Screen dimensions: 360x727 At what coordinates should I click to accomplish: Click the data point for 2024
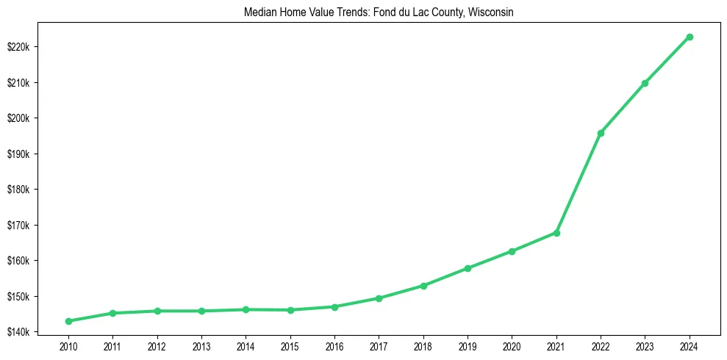click(x=690, y=37)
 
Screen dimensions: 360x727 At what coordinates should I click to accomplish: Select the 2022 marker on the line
click(x=601, y=133)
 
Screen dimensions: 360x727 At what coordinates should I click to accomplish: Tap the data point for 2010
click(x=68, y=321)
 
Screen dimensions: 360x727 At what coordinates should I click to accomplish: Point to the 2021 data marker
click(x=556, y=233)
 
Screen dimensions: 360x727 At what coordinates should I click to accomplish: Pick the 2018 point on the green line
click(x=423, y=286)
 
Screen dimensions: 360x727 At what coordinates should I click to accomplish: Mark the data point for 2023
click(x=645, y=83)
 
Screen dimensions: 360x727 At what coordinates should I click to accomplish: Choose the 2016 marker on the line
click(x=334, y=307)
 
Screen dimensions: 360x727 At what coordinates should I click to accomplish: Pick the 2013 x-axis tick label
click(x=201, y=345)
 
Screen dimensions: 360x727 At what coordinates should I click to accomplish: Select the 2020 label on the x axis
click(x=512, y=345)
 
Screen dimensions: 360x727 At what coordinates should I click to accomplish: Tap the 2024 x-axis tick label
click(x=690, y=345)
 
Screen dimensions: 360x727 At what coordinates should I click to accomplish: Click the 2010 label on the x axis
click(x=68, y=345)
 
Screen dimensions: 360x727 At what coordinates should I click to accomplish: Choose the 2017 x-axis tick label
click(x=379, y=345)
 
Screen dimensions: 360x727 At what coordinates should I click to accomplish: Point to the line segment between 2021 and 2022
click(x=579, y=183)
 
